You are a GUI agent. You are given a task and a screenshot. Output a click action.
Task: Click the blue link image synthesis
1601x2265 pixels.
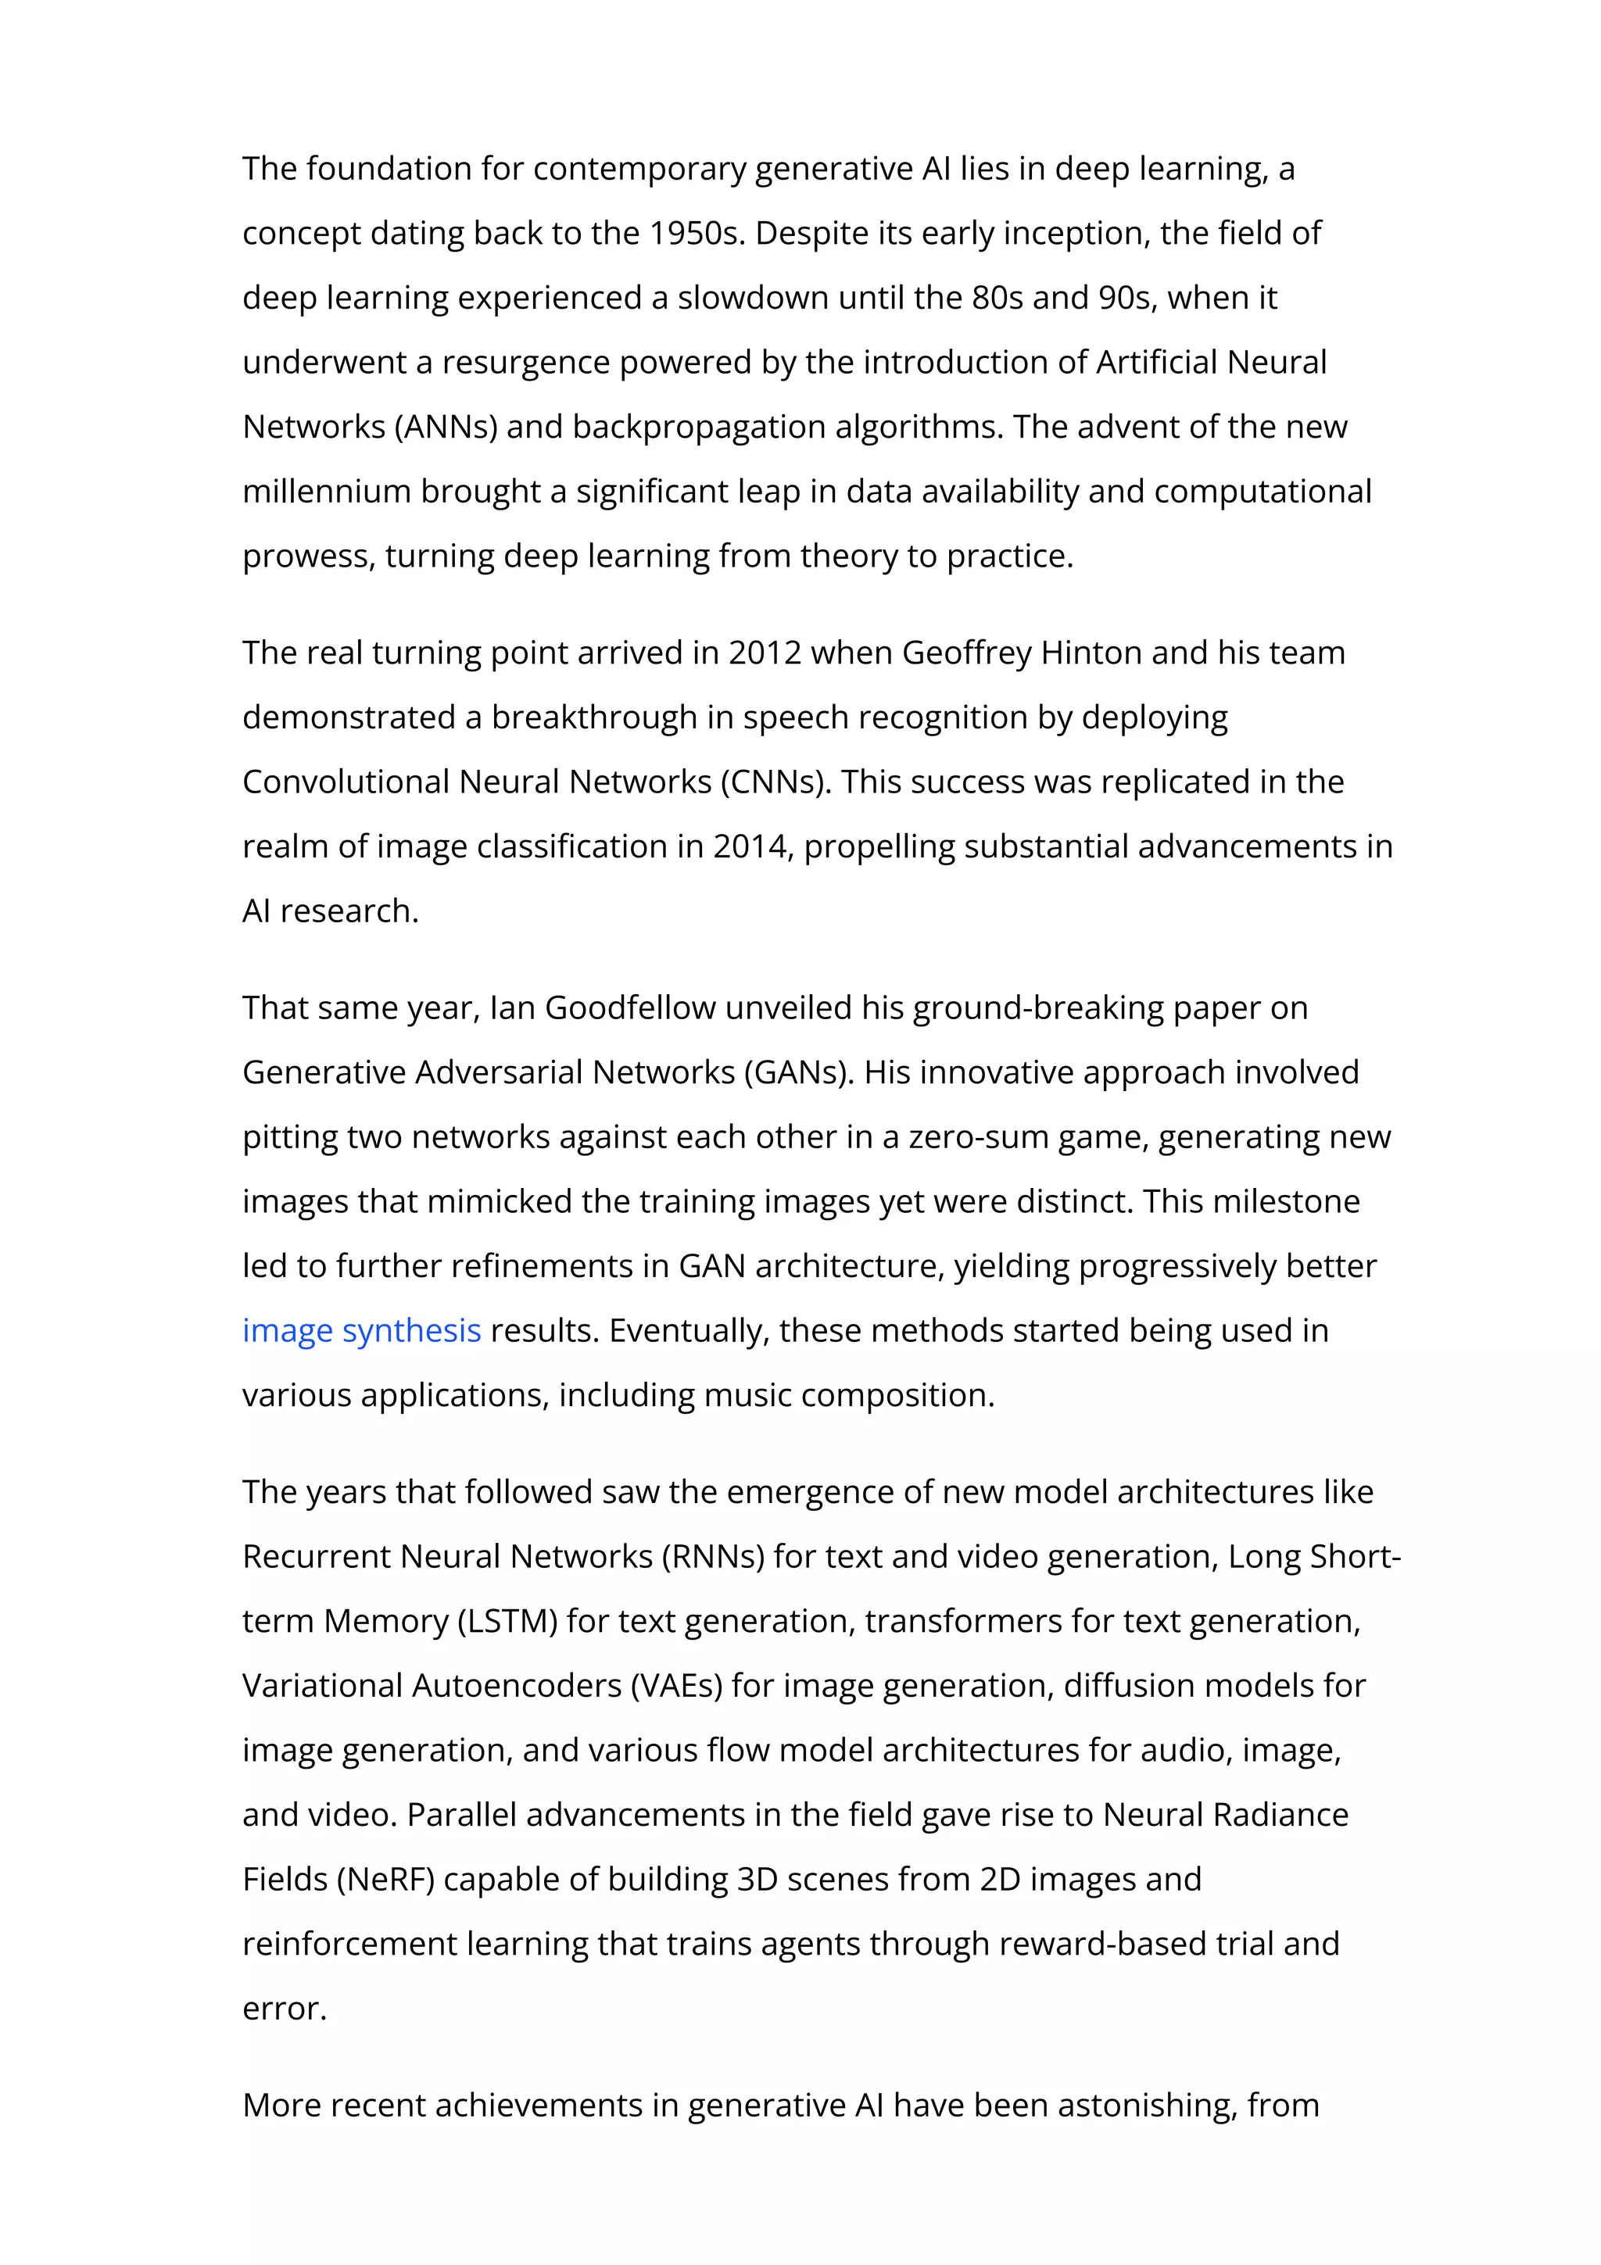[361, 1331]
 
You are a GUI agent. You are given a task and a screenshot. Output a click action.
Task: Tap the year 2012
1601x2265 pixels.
[765, 653]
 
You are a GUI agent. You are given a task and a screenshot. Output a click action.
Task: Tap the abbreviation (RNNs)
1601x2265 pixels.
[712, 1557]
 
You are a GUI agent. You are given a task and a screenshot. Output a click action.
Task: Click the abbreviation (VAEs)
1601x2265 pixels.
[677, 1686]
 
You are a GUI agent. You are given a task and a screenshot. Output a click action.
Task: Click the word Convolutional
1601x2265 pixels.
[346, 782]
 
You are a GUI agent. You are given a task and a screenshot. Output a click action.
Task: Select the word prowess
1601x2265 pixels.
[308, 557]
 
